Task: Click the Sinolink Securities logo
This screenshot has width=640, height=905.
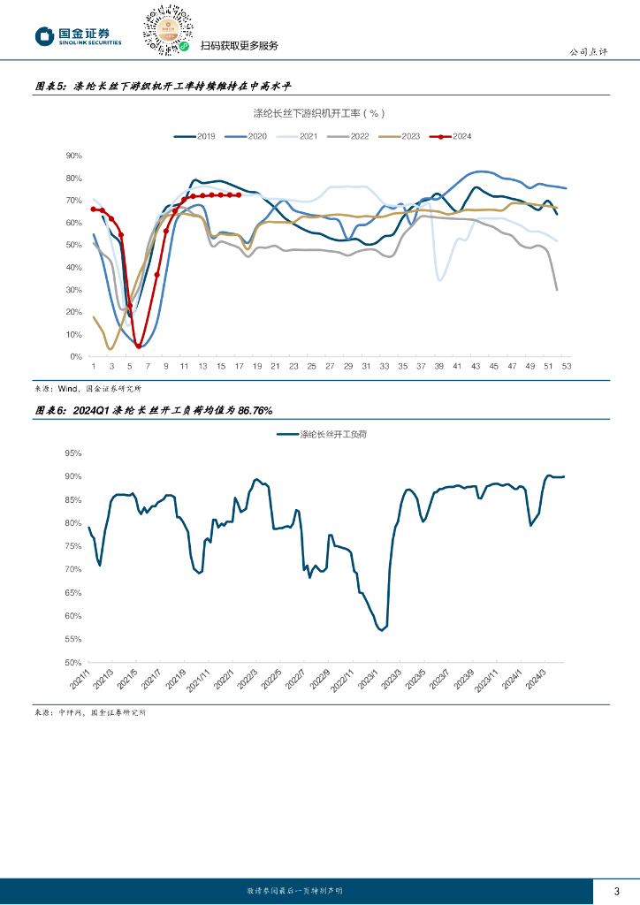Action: (x=78, y=36)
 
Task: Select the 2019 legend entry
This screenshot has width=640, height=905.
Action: (x=195, y=136)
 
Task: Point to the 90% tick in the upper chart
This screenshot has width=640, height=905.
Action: (x=74, y=156)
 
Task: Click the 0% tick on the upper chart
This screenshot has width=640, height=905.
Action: (x=76, y=357)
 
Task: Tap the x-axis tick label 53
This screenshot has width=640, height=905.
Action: (x=566, y=366)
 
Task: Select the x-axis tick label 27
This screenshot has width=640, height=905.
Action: (x=330, y=366)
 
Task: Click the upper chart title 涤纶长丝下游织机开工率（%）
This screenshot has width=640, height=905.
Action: (x=319, y=113)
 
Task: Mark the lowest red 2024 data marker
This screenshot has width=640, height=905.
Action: (x=139, y=346)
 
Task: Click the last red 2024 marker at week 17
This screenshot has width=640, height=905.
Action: (x=239, y=195)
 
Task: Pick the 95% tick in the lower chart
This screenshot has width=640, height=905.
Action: (x=72, y=452)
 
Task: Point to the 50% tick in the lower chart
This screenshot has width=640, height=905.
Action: (x=72, y=663)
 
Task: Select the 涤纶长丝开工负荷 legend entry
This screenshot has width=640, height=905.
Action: (x=318, y=435)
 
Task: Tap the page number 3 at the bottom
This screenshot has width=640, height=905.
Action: (x=616, y=891)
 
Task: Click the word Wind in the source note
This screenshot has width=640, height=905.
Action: (x=67, y=388)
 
